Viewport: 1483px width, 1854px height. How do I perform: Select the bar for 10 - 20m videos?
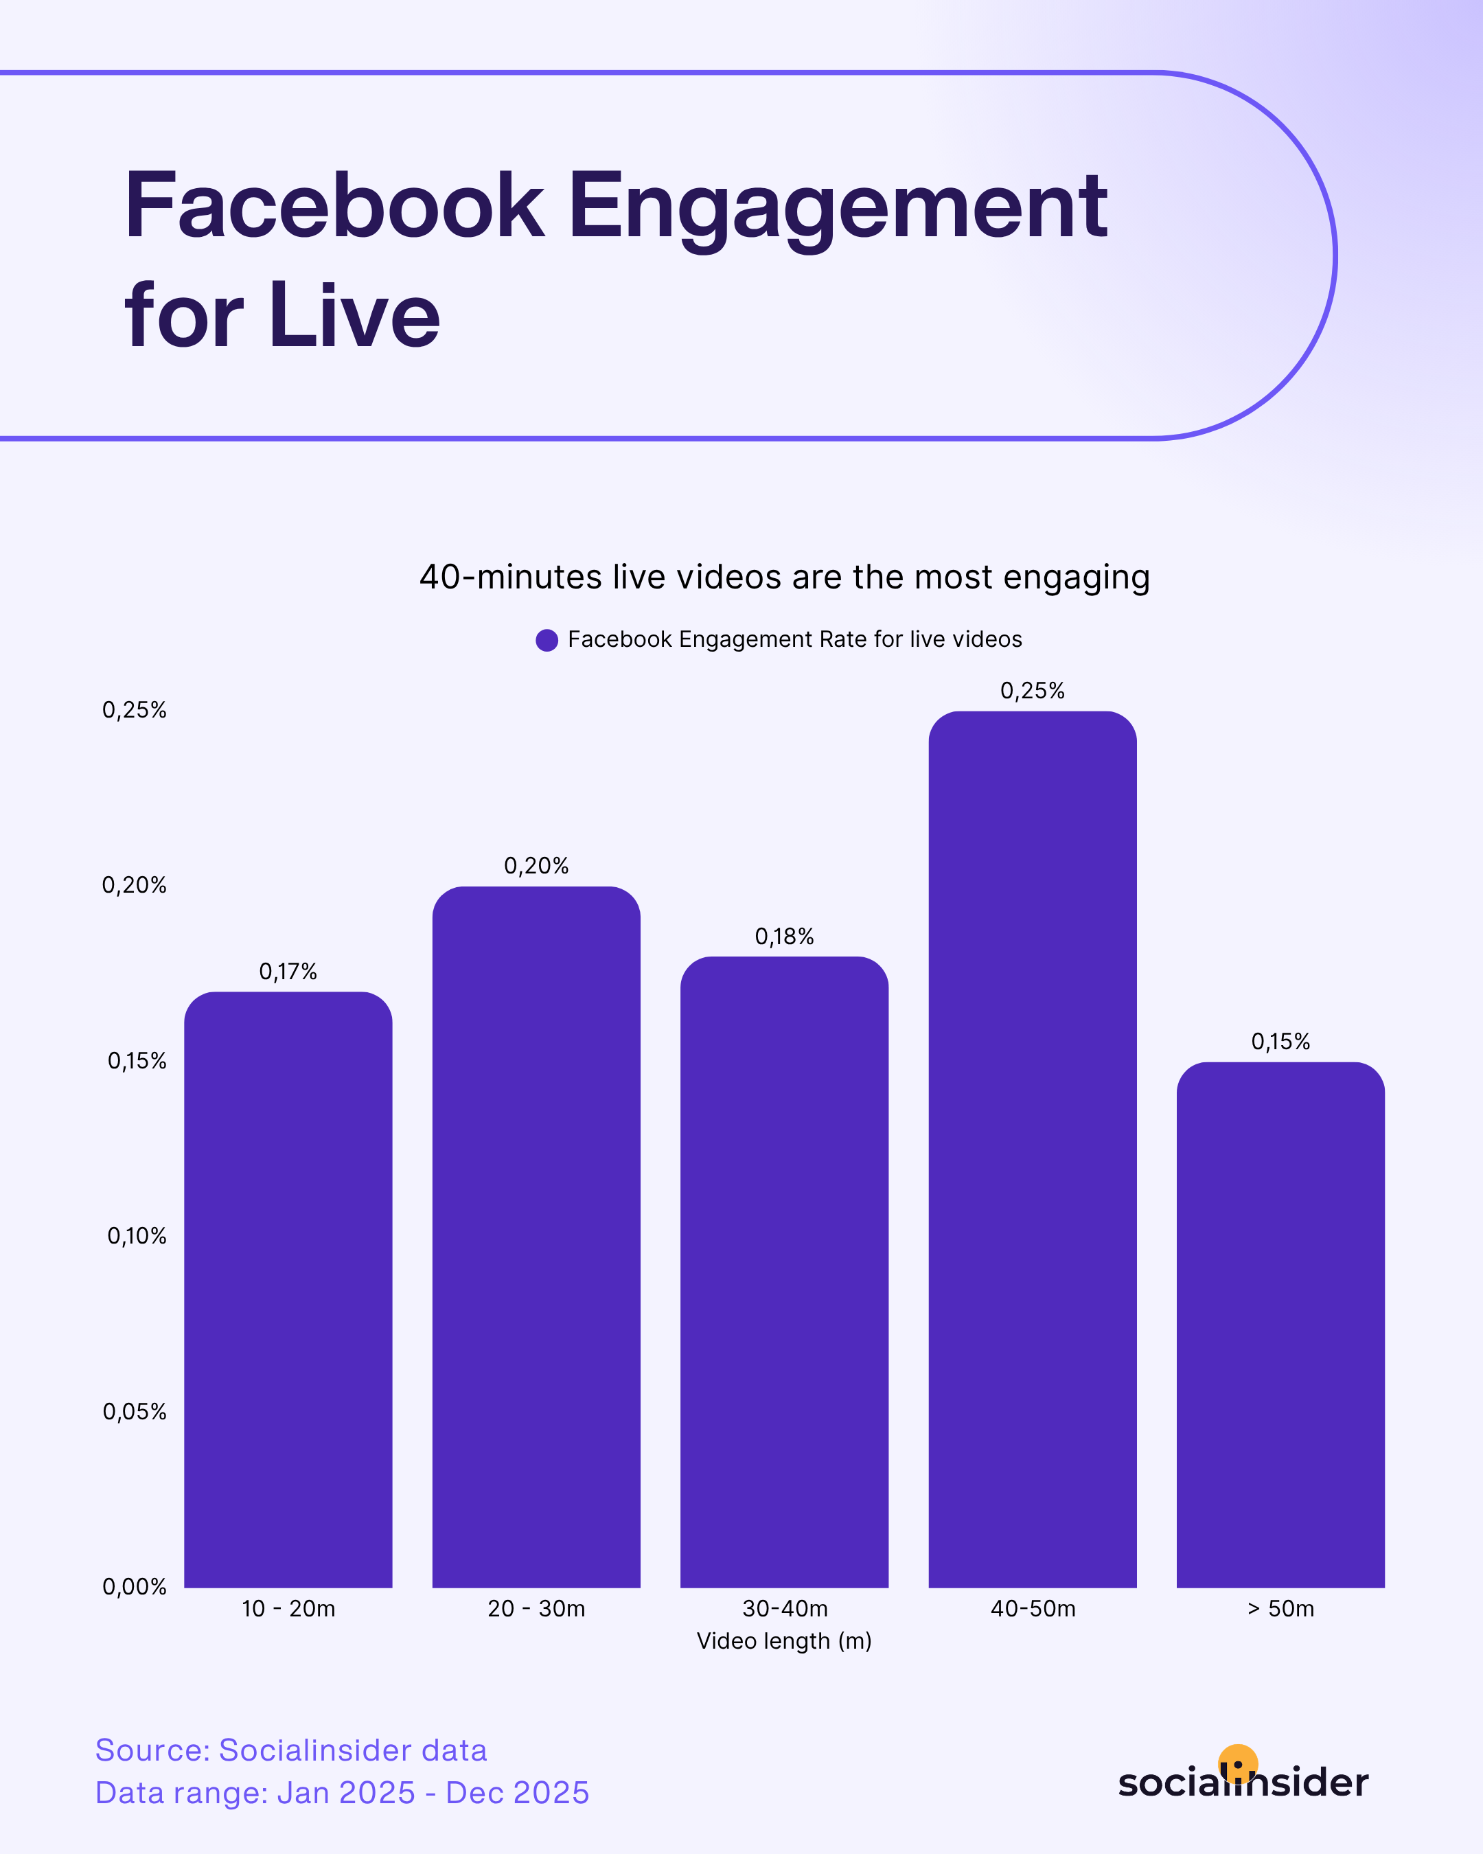(288, 1290)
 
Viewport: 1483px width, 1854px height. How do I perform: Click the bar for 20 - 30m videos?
(536, 1238)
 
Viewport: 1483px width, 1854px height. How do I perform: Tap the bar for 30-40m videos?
(784, 1272)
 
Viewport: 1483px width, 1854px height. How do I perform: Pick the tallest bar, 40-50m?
(1033, 1152)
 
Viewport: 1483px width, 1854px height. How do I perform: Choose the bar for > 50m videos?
(1280, 1325)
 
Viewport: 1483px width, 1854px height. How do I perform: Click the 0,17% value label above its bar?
(288, 972)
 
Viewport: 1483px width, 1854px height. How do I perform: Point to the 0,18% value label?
(784, 937)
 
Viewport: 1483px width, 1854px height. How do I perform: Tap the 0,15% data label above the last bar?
(1280, 1042)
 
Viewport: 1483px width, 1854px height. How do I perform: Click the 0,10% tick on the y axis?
(136, 1236)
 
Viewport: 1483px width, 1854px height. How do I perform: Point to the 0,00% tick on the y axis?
(134, 1587)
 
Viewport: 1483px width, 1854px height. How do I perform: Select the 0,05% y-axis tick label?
(134, 1411)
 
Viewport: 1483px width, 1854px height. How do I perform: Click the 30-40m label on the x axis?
(784, 1609)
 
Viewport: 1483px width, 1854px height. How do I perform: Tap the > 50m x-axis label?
(1280, 1609)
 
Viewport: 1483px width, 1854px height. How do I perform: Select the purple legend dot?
(547, 640)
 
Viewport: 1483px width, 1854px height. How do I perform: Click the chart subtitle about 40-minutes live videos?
(784, 577)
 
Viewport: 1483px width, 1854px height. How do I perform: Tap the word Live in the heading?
(354, 317)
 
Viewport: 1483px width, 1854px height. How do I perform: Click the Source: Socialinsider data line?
(290, 1750)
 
